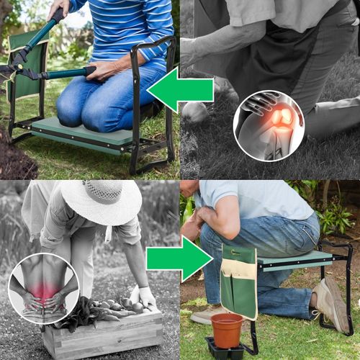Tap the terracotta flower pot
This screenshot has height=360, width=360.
coord(227,330)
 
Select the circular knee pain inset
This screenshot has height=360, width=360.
coord(269,125)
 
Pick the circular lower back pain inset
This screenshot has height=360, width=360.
coord(42,289)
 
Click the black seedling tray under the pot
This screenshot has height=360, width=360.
coord(225,351)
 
